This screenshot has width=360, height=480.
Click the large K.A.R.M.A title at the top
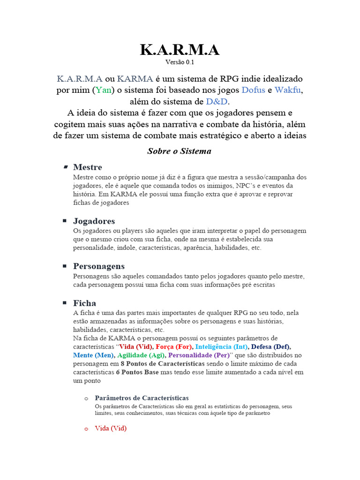point(180,49)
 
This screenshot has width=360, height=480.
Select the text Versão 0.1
point(180,62)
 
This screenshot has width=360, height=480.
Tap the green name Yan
point(104,90)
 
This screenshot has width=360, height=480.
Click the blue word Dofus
point(253,90)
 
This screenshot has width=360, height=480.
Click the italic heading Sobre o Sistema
point(180,151)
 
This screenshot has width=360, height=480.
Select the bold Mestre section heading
point(88,167)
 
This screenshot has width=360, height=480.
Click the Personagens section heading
point(99,266)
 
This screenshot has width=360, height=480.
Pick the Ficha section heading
point(84,303)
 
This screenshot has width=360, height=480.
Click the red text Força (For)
point(172,347)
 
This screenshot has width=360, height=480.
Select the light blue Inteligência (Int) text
point(221,347)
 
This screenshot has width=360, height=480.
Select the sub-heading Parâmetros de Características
point(142,398)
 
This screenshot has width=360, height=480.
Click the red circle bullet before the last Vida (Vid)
point(86,429)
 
